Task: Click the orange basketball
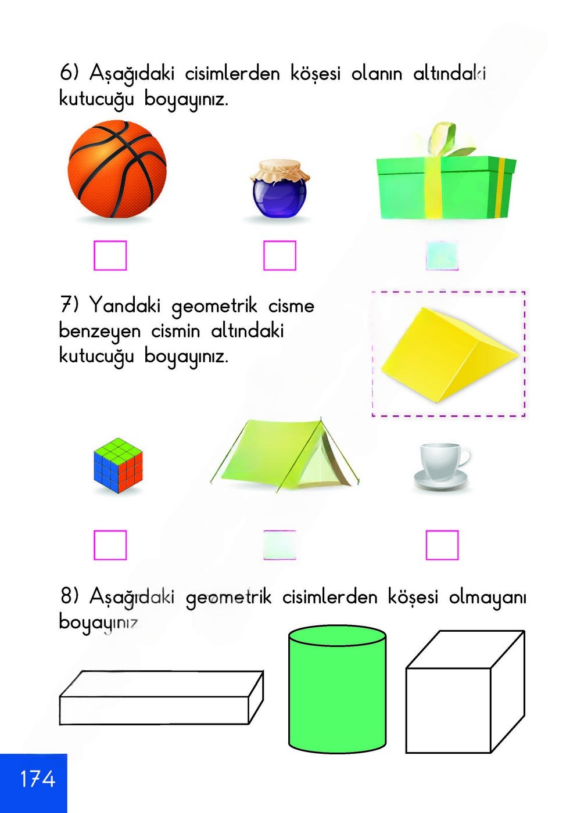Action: click(x=117, y=170)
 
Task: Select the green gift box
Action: click(x=445, y=187)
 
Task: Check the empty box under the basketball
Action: click(x=110, y=256)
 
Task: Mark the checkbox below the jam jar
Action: click(x=279, y=256)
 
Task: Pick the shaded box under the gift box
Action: click(x=442, y=256)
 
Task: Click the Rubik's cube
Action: click(x=118, y=465)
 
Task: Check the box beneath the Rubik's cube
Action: click(x=110, y=545)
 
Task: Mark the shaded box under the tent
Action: click(x=279, y=545)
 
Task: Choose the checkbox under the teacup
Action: click(x=442, y=545)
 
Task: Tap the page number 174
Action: click(x=37, y=779)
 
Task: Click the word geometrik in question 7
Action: click(x=214, y=307)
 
